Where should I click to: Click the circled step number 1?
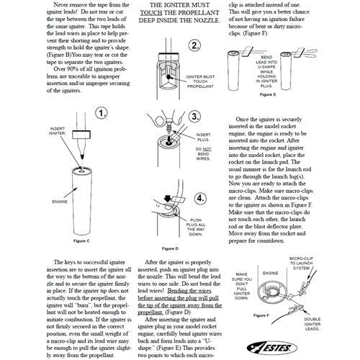(x=102, y=114)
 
